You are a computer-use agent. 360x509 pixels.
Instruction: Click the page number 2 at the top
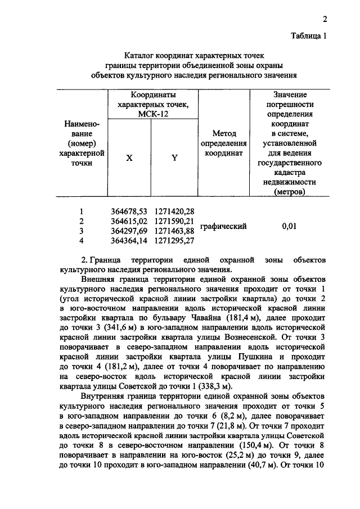point(325,20)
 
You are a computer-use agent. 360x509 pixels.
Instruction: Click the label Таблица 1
point(309,36)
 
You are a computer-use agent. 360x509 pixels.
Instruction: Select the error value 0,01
point(290,226)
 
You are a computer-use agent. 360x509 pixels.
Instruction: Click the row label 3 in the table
point(82,231)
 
